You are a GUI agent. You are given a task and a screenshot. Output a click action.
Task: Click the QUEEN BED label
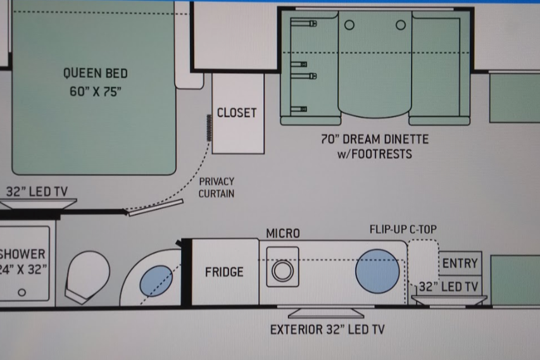pos(96,73)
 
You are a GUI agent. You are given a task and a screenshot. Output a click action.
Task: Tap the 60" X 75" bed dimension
pos(96,92)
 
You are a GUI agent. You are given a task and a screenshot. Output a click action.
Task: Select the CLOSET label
pos(237,113)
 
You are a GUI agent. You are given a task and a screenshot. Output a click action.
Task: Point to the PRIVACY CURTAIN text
pos(217,187)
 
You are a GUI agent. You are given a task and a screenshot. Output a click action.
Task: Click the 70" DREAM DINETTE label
pos(375,139)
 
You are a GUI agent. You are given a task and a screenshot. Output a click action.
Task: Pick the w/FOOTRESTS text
pos(375,154)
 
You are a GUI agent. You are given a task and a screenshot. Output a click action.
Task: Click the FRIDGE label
pos(224,272)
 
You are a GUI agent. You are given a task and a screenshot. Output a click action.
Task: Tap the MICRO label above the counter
pos(283,233)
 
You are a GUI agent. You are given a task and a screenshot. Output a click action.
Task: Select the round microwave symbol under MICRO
pos(282,271)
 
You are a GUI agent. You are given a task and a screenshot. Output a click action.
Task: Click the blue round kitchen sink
pos(377,271)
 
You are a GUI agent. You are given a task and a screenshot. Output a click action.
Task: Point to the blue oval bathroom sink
pos(156,281)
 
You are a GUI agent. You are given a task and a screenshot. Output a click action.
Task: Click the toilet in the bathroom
pos(87,276)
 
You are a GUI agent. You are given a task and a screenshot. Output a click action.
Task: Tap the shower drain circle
pos(22,292)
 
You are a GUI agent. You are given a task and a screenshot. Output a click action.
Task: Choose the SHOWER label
pos(22,254)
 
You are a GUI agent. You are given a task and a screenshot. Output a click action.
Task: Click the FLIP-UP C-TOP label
pos(403,229)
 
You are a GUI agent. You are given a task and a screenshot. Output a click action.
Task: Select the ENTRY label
pos(460,263)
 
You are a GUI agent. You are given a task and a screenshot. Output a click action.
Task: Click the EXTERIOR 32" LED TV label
pos(327,330)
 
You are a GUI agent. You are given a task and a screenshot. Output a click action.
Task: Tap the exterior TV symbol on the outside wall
pos(326,313)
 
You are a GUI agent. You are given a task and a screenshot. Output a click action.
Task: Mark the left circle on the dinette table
pos(349,25)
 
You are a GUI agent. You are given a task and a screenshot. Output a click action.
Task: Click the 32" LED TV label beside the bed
pos(37,191)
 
